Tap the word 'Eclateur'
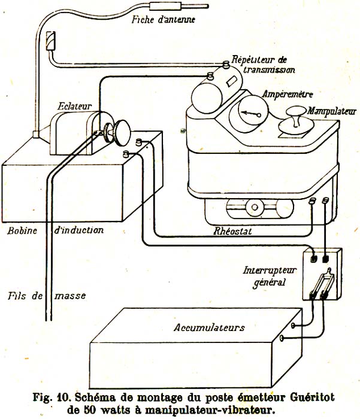click(74, 105)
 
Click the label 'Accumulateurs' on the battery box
click(209, 327)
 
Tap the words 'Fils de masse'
click(47, 296)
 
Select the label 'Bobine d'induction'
click(53, 230)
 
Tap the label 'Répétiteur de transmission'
click(264, 65)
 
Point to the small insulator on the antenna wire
click(51, 40)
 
